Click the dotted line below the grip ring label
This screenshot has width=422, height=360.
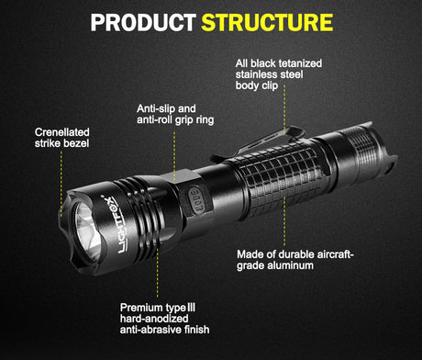[x=174, y=152]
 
